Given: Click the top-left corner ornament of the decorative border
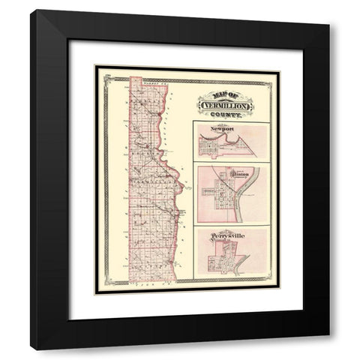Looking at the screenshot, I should point(97,69).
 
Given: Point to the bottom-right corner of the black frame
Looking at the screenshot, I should point(328,349).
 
